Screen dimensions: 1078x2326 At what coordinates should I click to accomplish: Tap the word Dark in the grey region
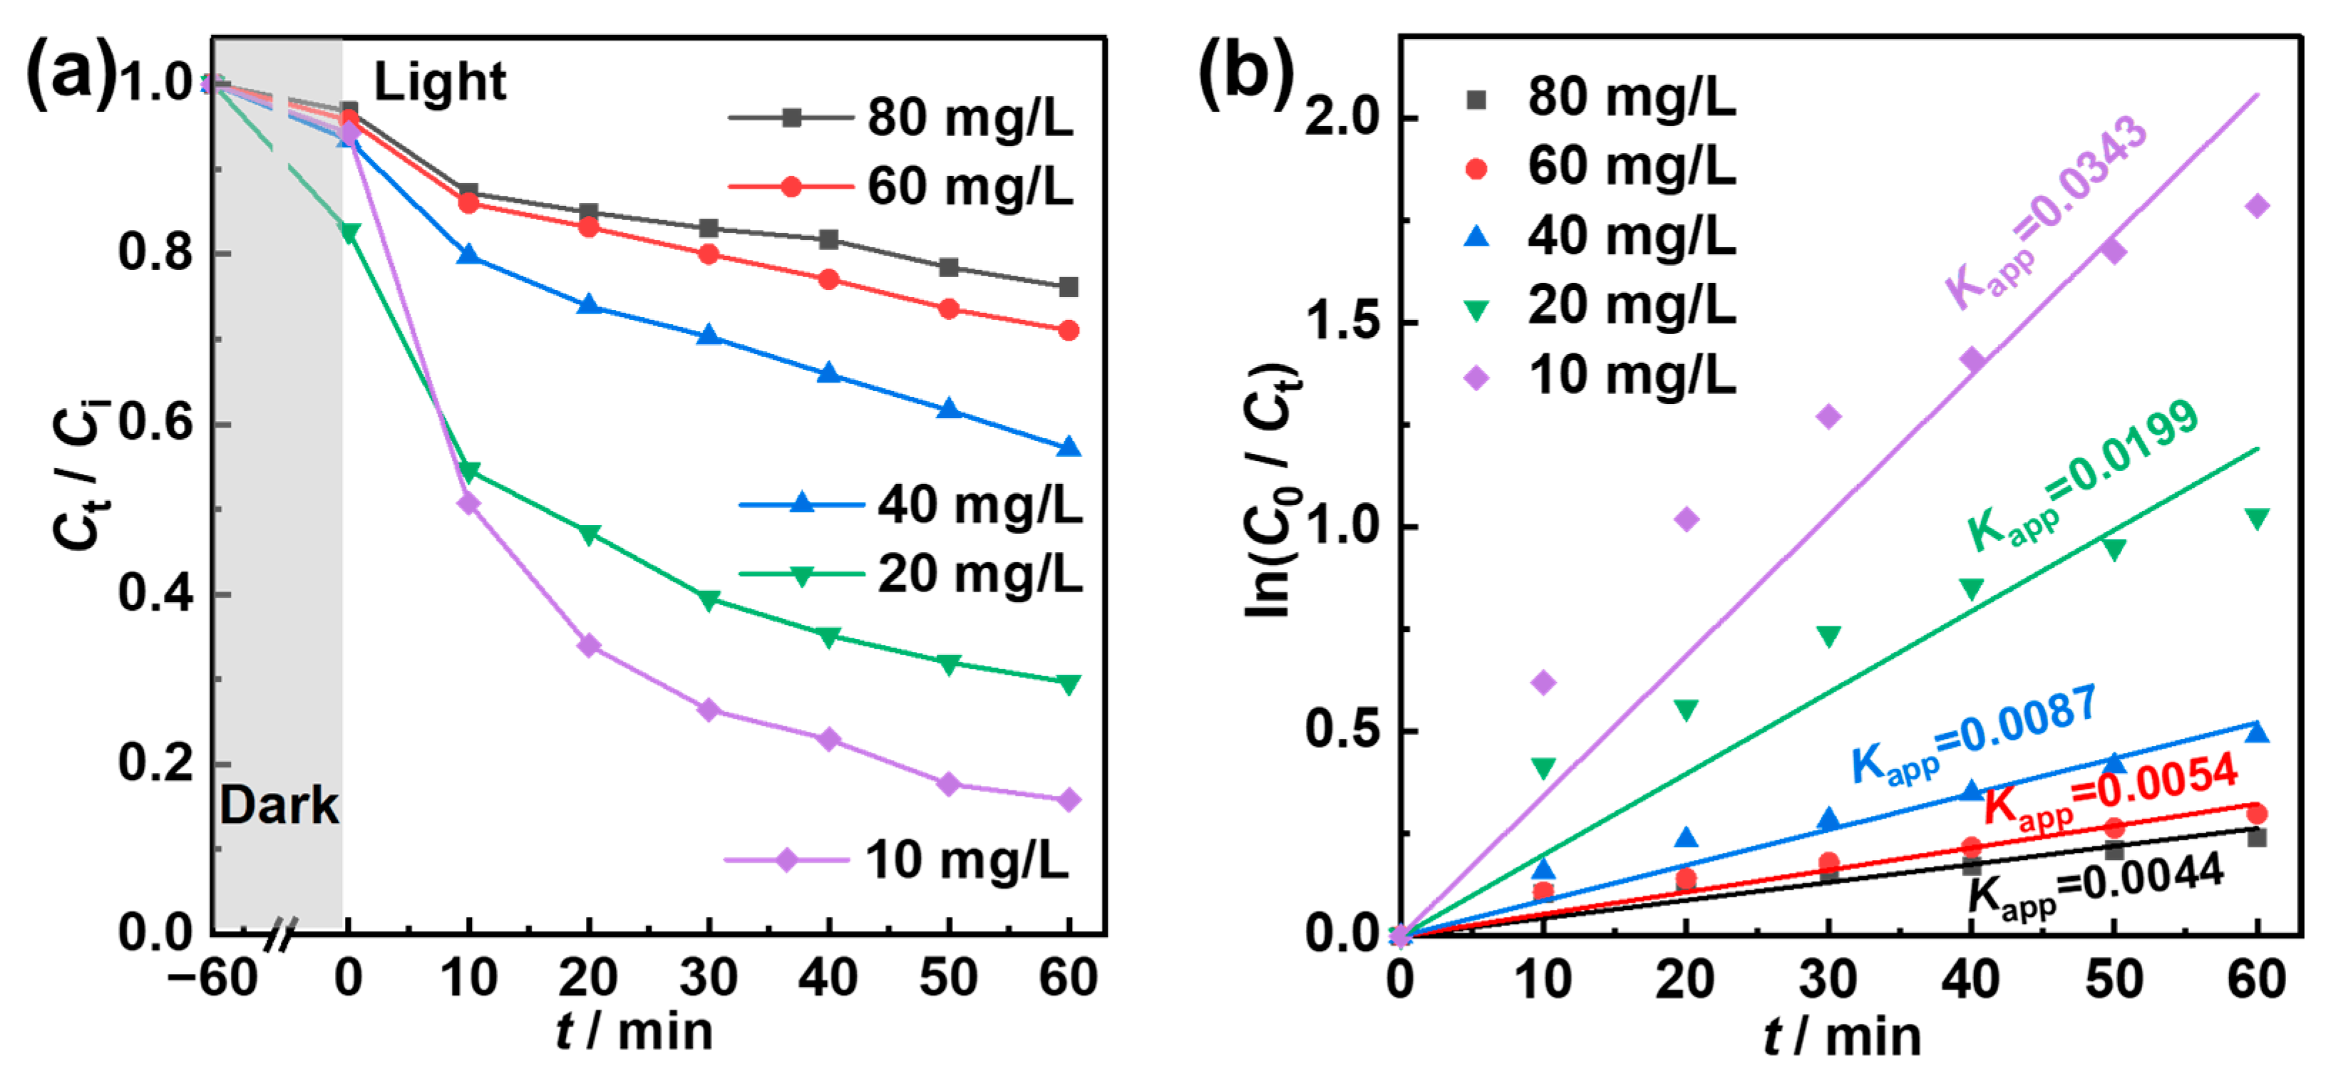pyautogui.click(x=279, y=804)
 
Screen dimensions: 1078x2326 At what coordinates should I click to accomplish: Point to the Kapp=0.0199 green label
pyautogui.click(x=2081, y=476)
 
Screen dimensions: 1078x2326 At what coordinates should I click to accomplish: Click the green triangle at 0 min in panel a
pyautogui.click(x=349, y=233)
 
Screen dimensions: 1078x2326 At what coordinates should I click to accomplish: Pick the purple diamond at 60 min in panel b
pyautogui.click(x=2256, y=206)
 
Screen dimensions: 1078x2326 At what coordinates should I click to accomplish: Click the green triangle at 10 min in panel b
pyautogui.click(x=1543, y=768)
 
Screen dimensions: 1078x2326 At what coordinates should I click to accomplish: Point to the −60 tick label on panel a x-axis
pyautogui.click(x=212, y=977)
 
